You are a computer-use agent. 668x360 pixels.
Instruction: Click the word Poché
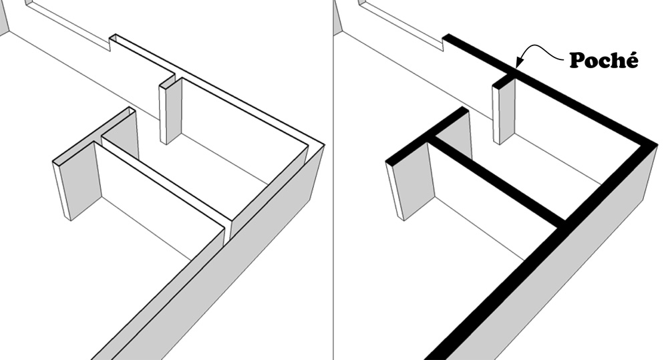point(603,61)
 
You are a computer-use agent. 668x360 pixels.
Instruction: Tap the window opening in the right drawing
point(401,23)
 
